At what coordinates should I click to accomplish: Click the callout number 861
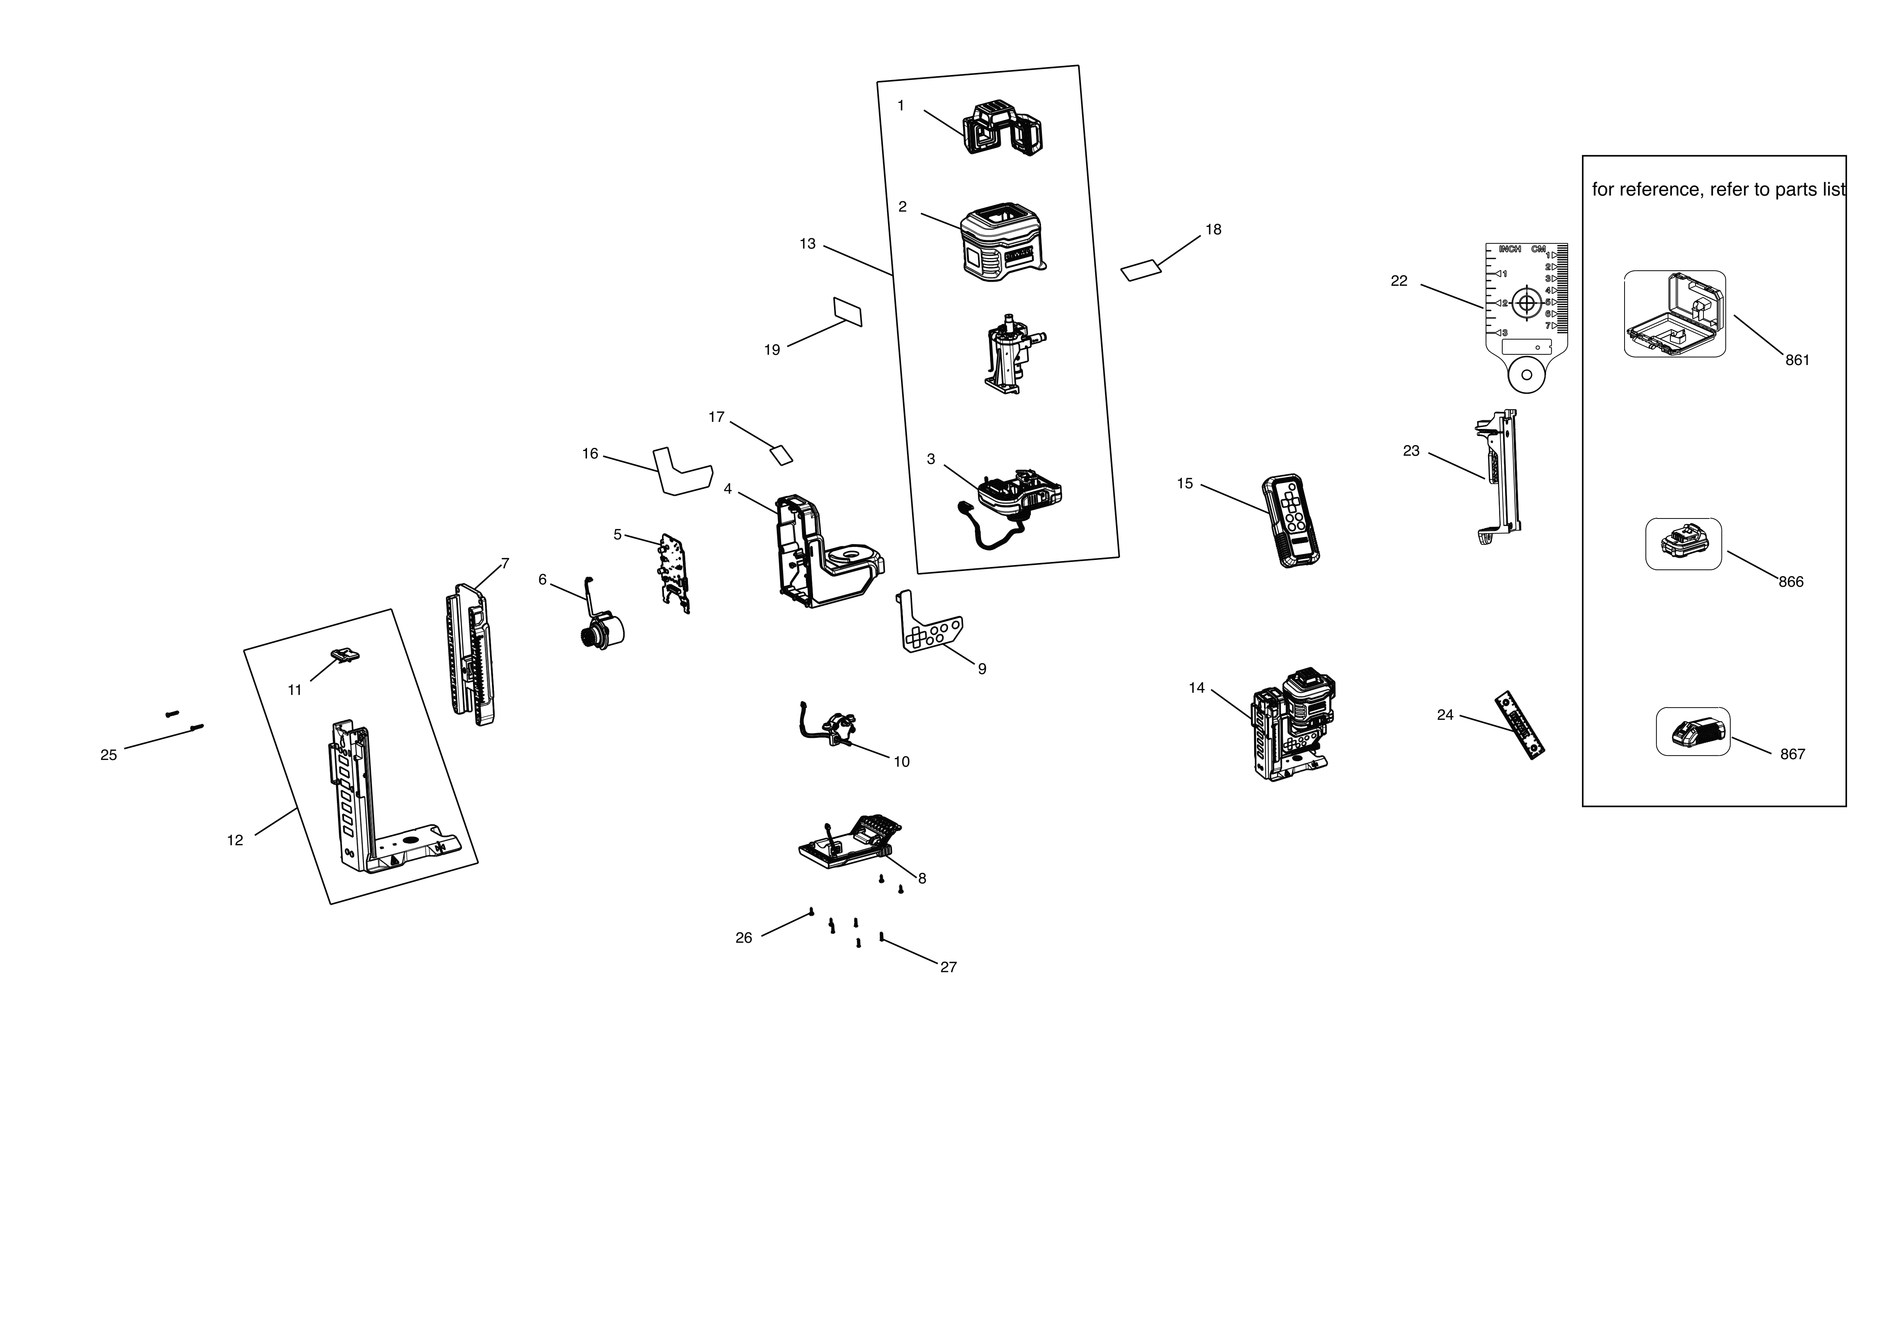point(1797,360)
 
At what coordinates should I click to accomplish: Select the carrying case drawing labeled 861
point(1674,314)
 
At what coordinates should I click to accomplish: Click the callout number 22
point(1398,281)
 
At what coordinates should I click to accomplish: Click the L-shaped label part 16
point(681,473)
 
